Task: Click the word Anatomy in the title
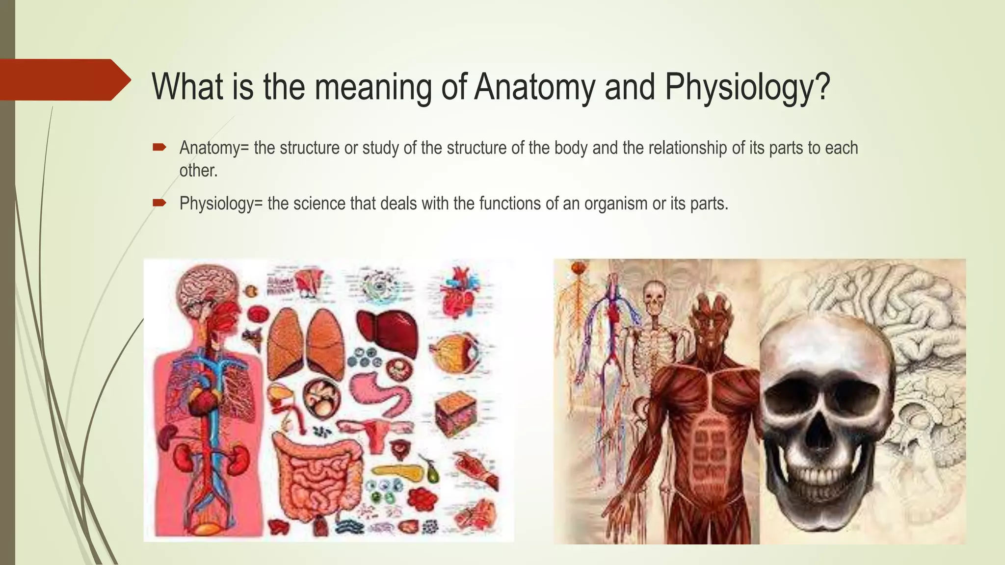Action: point(534,87)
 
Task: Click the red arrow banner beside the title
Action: point(64,80)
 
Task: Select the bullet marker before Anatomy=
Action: point(159,147)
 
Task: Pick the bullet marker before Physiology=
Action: point(159,202)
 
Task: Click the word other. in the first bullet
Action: point(198,171)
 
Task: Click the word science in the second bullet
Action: point(319,203)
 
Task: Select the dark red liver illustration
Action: point(388,334)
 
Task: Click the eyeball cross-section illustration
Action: point(454,352)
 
